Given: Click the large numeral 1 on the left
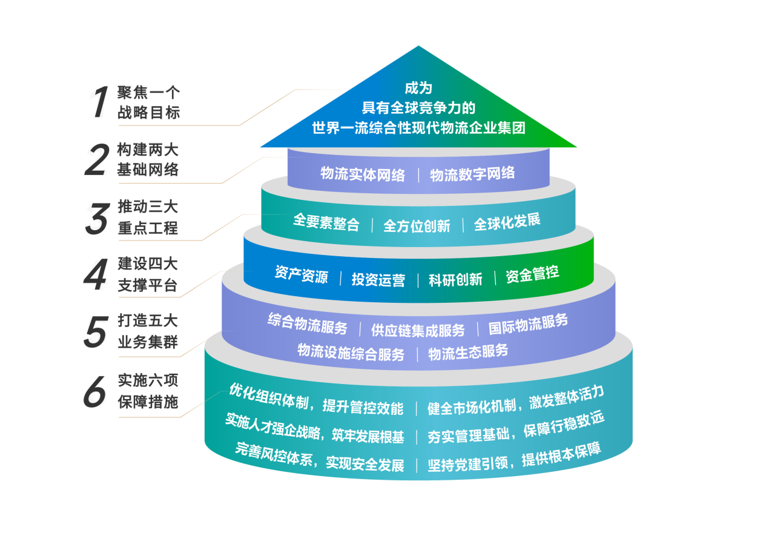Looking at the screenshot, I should (x=99, y=102).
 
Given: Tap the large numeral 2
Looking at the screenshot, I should (x=97, y=159).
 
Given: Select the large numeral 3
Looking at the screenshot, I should (x=97, y=217).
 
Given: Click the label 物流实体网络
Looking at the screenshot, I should (x=363, y=174).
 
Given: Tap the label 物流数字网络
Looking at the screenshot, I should (x=472, y=174).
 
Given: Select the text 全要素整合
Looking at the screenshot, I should (x=326, y=222).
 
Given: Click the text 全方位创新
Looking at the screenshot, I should (x=417, y=226).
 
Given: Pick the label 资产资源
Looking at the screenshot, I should (x=301, y=275).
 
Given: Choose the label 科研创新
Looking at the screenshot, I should (x=455, y=279).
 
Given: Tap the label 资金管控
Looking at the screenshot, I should (x=532, y=274).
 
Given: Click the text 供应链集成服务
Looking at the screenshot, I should (x=418, y=330).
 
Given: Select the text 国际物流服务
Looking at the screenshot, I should (x=528, y=323).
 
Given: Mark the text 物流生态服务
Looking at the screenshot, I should (x=468, y=352).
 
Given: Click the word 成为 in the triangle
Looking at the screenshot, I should (x=418, y=88).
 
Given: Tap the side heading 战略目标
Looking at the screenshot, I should (x=148, y=113).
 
